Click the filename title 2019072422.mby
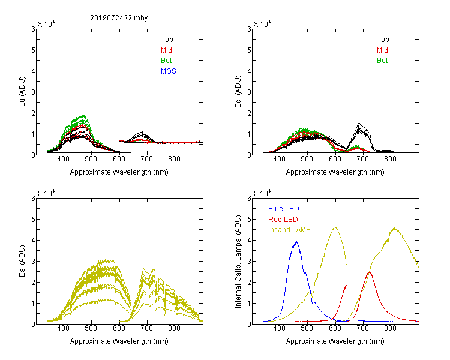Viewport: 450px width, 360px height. tap(119, 18)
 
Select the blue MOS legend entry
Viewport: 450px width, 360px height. tap(169, 71)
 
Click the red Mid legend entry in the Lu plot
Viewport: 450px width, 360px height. tap(166, 50)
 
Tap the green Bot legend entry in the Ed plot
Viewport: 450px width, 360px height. tap(382, 61)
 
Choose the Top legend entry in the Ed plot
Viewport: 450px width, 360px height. tap(383, 40)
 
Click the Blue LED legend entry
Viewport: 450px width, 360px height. tap(284, 209)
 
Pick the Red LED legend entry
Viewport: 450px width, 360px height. tap(283, 220)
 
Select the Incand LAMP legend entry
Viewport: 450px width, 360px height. tap(289, 230)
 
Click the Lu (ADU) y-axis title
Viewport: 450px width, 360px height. tap(22, 92)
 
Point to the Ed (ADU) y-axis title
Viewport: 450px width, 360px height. tap(238, 92)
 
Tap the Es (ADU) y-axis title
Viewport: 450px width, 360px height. tap(22, 261)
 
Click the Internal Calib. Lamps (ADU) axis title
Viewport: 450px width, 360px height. tap(238, 262)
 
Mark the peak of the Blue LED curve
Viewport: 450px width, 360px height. tap(296, 242)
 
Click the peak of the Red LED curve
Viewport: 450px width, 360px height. tap(369, 272)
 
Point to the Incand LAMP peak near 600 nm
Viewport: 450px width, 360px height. tap(335, 227)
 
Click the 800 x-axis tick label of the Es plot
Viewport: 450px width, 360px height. tap(174, 328)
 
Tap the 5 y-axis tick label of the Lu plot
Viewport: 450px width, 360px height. tap(33, 50)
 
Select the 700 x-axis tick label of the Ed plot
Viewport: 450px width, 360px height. tap(362, 159)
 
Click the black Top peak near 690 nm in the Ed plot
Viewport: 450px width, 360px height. tap(358, 124)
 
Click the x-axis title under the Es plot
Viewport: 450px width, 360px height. tap(119, 341)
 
